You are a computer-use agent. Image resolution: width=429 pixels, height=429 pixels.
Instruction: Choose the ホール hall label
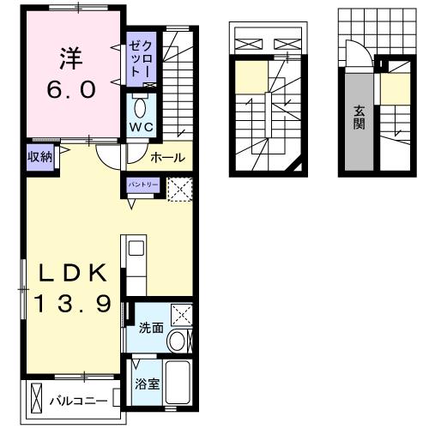(167, 157)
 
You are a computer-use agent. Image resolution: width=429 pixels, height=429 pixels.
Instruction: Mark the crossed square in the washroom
(182, 314)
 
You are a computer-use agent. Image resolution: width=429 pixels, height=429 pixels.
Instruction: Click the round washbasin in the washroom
(178, 341)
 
